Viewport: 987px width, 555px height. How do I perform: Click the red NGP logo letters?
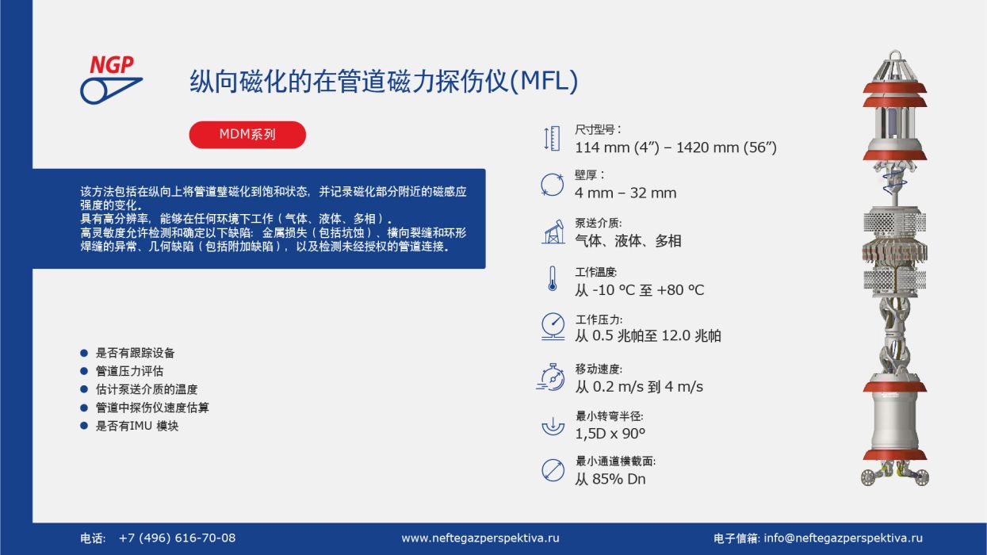112,65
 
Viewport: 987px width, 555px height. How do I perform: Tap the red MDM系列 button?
247,135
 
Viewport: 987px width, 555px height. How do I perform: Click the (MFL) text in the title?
544,81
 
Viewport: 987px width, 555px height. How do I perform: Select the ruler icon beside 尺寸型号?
552,139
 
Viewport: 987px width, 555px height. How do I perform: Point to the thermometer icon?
552,278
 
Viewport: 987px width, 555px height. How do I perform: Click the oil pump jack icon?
553,232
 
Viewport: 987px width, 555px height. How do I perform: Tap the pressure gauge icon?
553,326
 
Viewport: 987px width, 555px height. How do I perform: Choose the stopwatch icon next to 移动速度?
551,377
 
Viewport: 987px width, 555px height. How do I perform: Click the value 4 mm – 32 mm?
625,193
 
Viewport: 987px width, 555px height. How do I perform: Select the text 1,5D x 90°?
610,434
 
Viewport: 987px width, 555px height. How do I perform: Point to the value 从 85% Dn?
610,479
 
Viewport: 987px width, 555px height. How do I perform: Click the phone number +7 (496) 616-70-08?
177,538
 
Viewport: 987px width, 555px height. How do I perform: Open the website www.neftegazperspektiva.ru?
480,538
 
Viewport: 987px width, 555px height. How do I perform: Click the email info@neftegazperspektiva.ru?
843,538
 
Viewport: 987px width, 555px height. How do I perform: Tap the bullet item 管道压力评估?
129,371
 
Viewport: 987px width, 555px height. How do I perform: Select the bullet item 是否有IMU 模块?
137,426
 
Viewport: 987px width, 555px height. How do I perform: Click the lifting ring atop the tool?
895,56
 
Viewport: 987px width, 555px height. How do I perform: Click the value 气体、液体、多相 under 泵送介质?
628,241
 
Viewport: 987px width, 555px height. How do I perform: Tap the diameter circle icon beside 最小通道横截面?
553,470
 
